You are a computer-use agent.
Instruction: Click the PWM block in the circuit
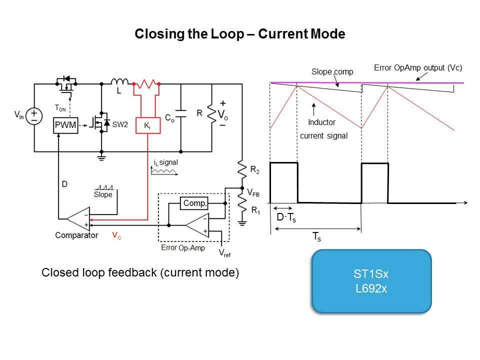65,125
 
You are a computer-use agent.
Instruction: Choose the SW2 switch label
118,123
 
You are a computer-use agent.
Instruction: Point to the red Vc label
116,235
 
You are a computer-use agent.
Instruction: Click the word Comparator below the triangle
76,235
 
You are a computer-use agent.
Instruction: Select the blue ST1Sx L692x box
371,281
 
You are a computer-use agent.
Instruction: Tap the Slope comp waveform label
332,71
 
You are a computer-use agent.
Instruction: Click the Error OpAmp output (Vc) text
418,67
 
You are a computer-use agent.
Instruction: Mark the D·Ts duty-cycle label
286,218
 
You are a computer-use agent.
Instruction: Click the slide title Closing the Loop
240,34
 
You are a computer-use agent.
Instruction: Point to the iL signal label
162,162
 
